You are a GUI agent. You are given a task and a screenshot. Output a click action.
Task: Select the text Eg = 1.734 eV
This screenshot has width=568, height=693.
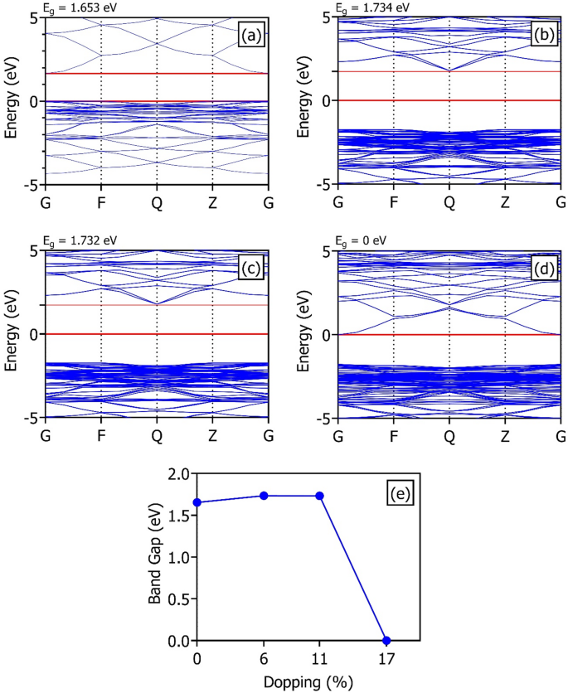[374, 7]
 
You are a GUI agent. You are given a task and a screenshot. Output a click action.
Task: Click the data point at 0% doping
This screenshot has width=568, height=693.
[197, 502]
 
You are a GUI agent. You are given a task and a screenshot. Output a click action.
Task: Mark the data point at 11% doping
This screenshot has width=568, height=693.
[319, 496]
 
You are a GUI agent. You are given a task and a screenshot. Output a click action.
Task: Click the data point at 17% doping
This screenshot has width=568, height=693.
[386, 641]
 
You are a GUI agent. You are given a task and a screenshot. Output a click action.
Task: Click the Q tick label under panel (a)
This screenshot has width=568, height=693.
[157, 200]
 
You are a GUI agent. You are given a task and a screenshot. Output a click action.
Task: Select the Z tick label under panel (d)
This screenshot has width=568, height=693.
[505, 434]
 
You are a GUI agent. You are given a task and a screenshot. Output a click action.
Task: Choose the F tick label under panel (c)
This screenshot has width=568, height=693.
[100, 434]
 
